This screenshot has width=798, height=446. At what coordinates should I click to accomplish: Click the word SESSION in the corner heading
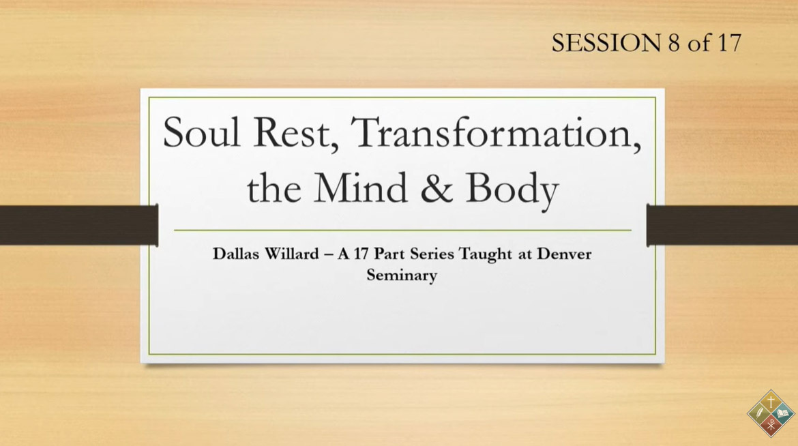click(606, 43)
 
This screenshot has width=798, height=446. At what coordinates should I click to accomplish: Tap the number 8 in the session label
click(674, 43)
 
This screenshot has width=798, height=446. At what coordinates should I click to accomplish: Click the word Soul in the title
click(201, 132)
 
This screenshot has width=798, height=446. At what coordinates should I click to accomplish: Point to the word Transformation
click(497, 134)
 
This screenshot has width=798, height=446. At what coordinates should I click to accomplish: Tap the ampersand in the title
click(436, 188)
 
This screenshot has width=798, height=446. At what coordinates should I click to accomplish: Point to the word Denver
click(564, 254)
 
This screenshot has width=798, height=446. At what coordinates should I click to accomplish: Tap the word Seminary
click(402, 276)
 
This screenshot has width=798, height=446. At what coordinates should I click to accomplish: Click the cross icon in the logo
click(771, 402)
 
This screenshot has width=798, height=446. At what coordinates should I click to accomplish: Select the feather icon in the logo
click(759, 413)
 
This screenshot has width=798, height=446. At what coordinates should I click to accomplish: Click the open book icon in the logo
click(782, 413)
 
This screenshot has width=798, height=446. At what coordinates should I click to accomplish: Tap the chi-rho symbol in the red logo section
click(771, 424)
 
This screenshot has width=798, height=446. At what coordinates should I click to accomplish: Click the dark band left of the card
click(79, 225)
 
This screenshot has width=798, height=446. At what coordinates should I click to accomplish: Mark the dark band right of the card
click(722, 225)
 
